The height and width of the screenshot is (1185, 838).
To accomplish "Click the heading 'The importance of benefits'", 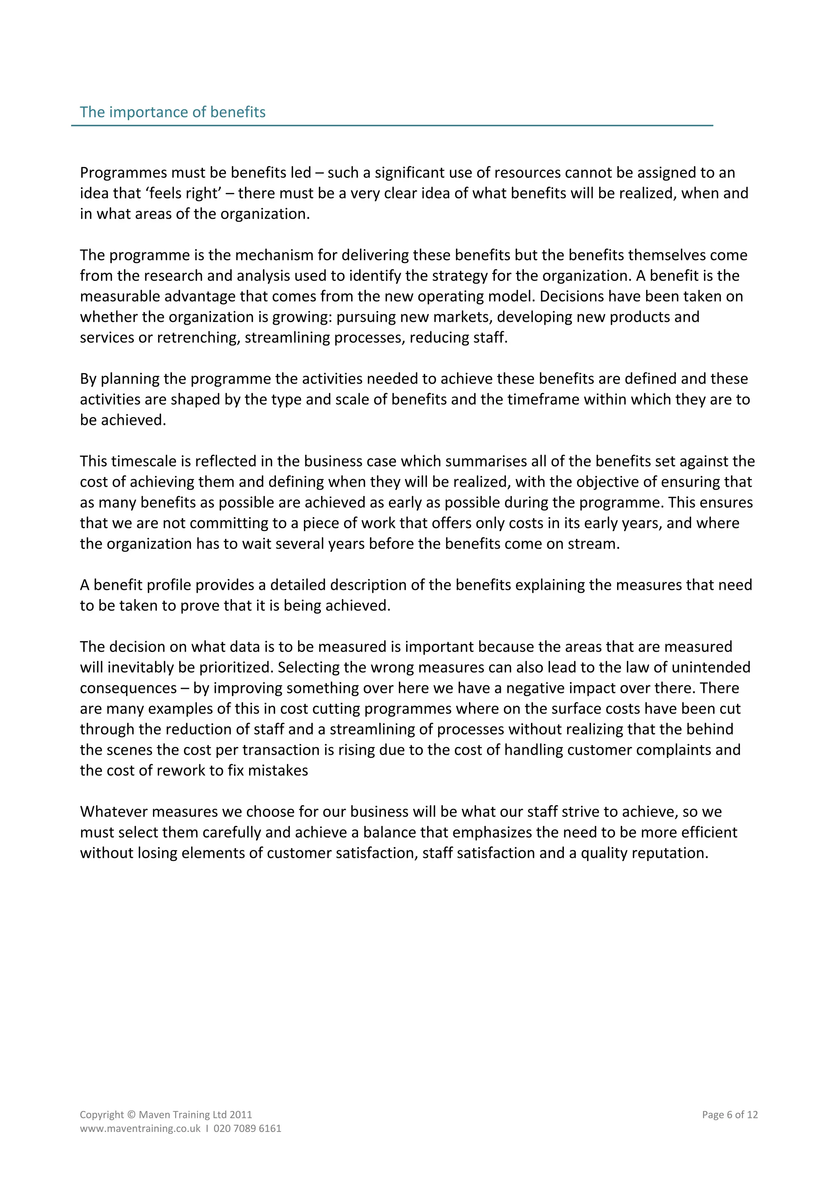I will pyautogui.click(x=172, y=112).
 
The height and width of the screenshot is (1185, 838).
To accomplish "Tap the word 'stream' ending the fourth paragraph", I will pyautogui.click(x=596, y=544).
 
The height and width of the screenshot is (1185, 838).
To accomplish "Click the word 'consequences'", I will pyautogui.click(x=128, y=688).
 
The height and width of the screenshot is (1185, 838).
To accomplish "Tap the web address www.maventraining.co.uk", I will pyautogui.click(x=140, y=1129).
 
